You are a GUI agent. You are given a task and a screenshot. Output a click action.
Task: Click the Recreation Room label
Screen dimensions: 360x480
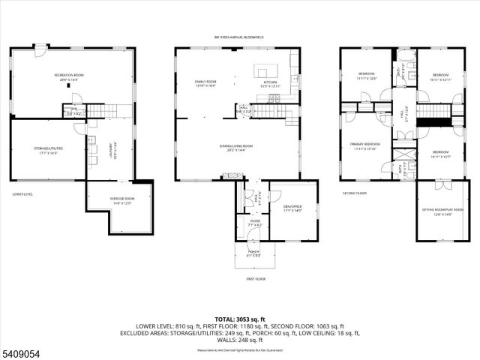pyautogui.click(x=67, y=77)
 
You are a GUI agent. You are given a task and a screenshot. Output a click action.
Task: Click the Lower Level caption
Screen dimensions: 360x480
pyautogui.click(x=23, y=194)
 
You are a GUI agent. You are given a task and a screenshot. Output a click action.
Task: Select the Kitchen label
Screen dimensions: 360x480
pyautogui.click(x=269, y=83)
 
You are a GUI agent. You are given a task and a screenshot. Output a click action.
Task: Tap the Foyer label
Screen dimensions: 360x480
pyautogui.click(x=255, y=222)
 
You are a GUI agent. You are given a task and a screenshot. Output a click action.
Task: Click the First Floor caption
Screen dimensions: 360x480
pyautogui.click(x=256, y=278)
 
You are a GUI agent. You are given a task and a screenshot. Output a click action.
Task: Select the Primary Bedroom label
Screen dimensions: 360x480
pyautogui.click(x=365, y=145)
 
